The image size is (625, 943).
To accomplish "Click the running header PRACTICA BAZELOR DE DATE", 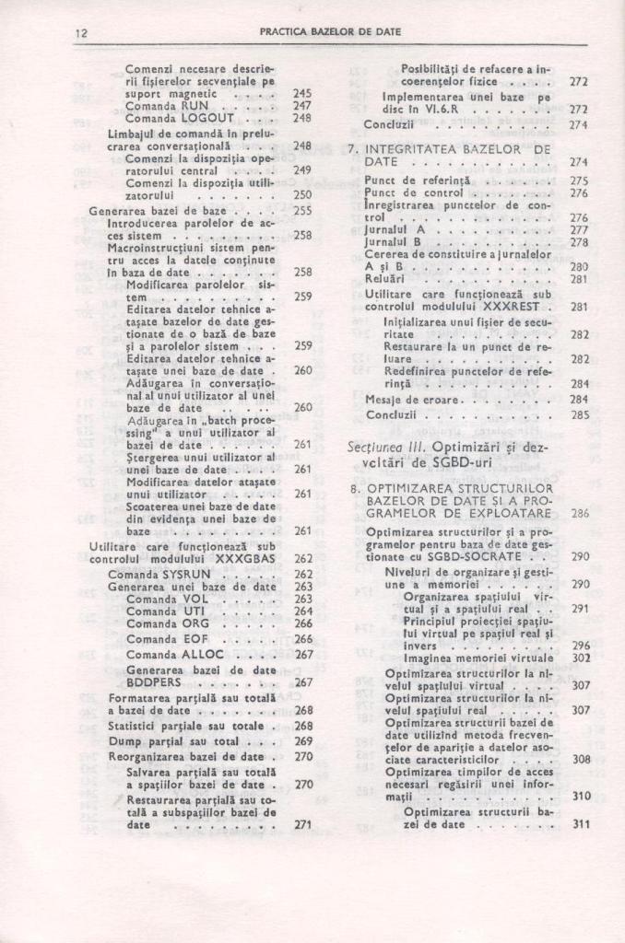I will click(330, 31).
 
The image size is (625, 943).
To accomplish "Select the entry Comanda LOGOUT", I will click(172, 118).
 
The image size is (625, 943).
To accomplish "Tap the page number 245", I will click(302, 93).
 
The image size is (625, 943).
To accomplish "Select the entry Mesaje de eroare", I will click(407, 400).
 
